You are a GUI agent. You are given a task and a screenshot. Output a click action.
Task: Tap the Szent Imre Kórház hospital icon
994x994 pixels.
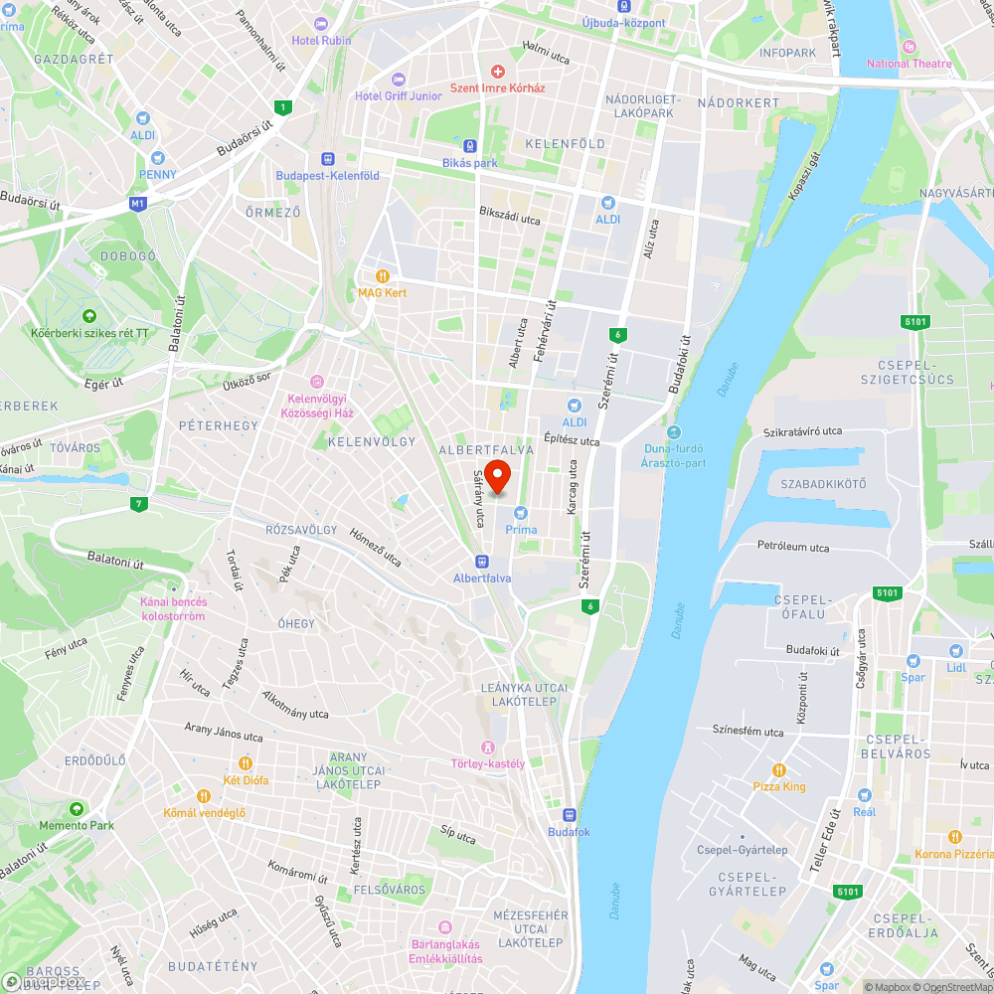click(x=498, y=72)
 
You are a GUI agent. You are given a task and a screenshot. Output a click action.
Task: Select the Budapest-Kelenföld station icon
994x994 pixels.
click(x=327, y=159)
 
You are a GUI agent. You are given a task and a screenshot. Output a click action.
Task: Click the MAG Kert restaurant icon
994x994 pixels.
click(x=382, y=276)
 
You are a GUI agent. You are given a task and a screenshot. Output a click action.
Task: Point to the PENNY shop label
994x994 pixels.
click(x=158, y=175)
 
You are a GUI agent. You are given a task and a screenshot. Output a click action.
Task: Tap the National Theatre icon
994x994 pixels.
click(x=908, y=47)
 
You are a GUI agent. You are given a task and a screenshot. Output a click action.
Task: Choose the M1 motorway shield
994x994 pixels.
click(x=137, y=204)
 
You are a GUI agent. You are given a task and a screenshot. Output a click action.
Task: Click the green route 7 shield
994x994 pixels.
click(x=139, y=505)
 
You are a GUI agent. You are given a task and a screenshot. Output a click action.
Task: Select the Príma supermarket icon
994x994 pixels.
click(x=520, y=513)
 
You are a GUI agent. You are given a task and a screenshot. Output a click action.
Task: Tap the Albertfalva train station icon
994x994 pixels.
click(x=482, y=562)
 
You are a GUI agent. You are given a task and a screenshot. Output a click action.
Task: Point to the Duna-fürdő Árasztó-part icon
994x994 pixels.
click(x=675, y=431)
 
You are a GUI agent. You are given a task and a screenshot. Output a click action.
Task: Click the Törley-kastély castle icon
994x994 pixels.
click(x=487, y=747)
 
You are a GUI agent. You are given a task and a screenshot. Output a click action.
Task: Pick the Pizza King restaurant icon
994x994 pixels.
click(x=779, y=770)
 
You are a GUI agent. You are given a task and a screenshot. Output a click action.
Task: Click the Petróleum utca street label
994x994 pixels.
click(x=793, y=547)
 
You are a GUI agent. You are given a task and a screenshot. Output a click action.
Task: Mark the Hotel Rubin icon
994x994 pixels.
click(x=320, y=24)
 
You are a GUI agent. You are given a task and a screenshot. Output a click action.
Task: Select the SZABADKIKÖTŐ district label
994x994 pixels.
click(x=823, y=484)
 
